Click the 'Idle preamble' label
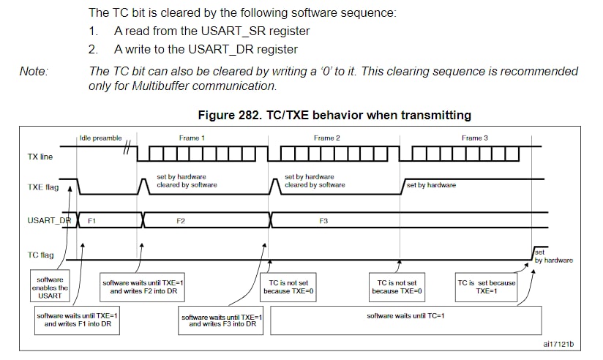[100, 138]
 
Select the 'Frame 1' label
[192, 138]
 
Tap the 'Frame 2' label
[327, 138]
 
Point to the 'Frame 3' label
[474, 138]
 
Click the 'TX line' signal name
[40, 157]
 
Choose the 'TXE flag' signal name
[43, 187]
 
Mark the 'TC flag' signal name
[40, 255]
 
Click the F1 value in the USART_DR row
[91, 221]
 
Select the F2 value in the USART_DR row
[181, 221]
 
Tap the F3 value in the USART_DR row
[323, 221]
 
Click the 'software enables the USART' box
[50, 285]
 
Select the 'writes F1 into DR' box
[77, 320]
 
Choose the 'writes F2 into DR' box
[142, 288]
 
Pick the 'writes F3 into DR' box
[221, 320]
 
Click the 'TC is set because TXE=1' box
[486, 288]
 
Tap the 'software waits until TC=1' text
[405, 316]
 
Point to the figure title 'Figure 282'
[229, 115]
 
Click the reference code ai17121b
[558, 344]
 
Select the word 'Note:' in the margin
[34, 71]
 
